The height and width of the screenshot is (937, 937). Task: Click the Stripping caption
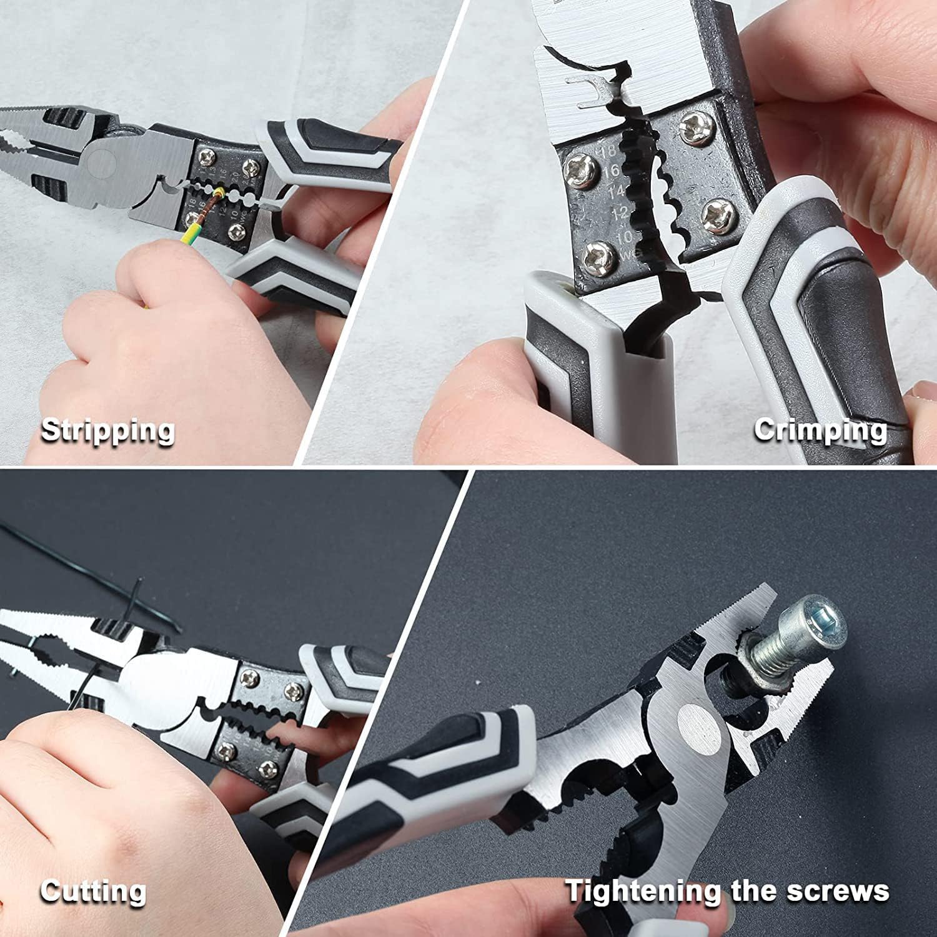[107, 431]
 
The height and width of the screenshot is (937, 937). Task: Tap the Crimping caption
[820, 430]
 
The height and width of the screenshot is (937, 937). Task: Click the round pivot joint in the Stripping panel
[101, 161]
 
